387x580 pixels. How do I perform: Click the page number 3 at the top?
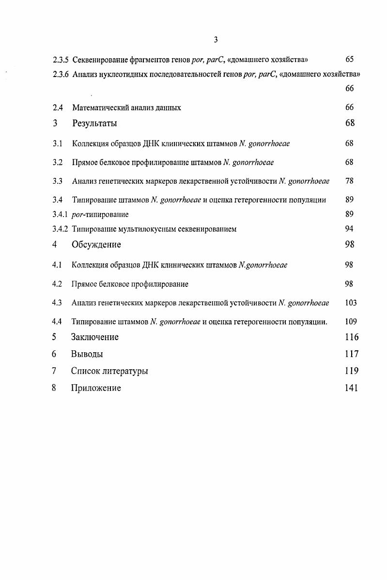(215, 40)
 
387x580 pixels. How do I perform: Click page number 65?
(349, 60)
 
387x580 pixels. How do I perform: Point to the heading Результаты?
(94, 124)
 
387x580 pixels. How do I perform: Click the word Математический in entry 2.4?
(99, 108)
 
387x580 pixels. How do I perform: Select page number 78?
(349, 181)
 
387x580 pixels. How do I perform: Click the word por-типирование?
(100, 214)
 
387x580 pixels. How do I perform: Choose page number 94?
(349, 229)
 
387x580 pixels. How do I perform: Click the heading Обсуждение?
(96, 245)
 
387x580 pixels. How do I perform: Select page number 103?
(351, 303)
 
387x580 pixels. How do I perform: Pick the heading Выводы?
(87, 354)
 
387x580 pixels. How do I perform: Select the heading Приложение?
(96, 388)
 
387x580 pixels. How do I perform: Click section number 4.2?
(57, 284)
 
